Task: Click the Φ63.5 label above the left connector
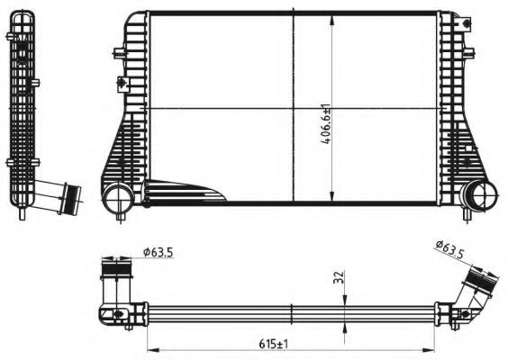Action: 157,254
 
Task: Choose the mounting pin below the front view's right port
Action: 469,215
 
